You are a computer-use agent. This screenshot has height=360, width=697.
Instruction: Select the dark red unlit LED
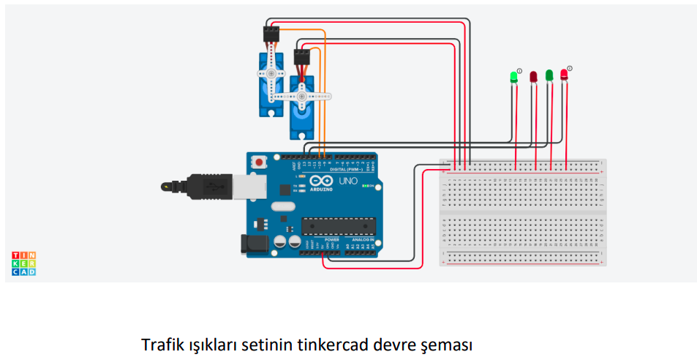click(533, 76)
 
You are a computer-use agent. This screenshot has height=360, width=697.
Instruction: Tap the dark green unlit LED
click(549, 75)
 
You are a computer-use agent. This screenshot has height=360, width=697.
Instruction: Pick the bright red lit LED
click(564, 75)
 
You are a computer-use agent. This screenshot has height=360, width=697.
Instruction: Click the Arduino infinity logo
click(320, 181)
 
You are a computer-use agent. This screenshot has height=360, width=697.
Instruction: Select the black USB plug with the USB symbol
click(208, 186)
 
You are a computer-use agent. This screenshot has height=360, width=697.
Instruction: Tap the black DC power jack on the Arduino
click(252, 244)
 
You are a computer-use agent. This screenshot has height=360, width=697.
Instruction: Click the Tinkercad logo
click(24, 263)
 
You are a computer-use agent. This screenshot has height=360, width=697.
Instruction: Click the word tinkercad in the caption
click(332, 344)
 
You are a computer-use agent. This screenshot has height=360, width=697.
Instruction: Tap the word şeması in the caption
click(449, 344)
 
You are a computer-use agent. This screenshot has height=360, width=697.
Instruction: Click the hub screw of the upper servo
click(271, 74)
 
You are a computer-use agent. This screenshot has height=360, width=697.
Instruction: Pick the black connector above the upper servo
click(271, 34)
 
